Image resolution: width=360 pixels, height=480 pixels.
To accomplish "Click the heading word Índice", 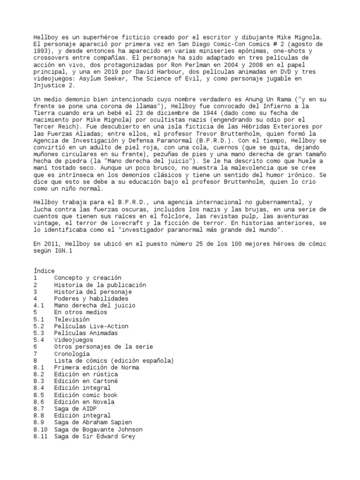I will [44, 271].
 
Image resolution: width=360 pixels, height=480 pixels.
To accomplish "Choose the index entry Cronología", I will [73, 354].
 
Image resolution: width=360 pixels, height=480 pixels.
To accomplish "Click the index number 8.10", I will [41, 429].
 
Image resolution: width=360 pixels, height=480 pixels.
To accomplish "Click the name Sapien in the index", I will [120, 422].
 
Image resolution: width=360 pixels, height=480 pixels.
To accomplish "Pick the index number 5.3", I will [39, 333].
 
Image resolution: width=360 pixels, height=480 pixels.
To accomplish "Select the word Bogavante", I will [102, 429].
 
